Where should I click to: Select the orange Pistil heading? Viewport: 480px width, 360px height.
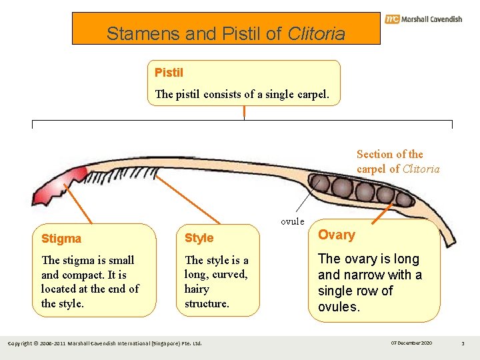(169, 72)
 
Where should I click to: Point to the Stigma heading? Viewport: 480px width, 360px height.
(61, 239)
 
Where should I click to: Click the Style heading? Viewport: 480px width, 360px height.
(199, 238)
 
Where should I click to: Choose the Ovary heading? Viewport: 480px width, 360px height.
(337, 235)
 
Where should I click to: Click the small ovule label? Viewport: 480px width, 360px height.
(292, 221)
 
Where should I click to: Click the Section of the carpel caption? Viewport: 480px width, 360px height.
(398, 161)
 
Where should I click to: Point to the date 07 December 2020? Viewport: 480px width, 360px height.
(411, 343)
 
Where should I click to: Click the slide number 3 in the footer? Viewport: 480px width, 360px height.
(462, 343)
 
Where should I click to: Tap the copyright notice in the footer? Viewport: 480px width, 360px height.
(104, 343)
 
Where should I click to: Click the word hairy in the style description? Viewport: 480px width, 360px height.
(197, 289)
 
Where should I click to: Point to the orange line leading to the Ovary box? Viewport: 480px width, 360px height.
(383, 213)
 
